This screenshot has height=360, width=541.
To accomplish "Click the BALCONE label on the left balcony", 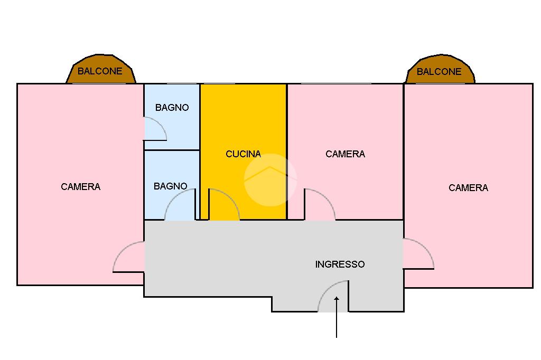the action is [x=100, y=71].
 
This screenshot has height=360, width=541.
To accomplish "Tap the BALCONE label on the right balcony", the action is [x=439, y=72].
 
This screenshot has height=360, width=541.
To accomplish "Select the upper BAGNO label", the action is [x=172, y=108].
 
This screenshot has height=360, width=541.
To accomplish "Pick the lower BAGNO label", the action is [x=170, y=186].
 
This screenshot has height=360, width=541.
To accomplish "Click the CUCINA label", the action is [x=243, y=154].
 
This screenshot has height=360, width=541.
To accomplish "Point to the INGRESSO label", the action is [x=340, y=264].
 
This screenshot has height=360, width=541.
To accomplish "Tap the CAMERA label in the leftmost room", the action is [x=80, y=187].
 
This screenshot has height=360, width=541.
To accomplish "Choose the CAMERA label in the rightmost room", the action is [x=468, y=188].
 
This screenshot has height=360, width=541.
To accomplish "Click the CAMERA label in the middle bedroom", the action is [x=345, y=154].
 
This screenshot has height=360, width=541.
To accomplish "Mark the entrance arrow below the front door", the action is [x=336, y=317].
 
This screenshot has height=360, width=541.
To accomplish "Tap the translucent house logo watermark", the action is [x=270, y=179].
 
